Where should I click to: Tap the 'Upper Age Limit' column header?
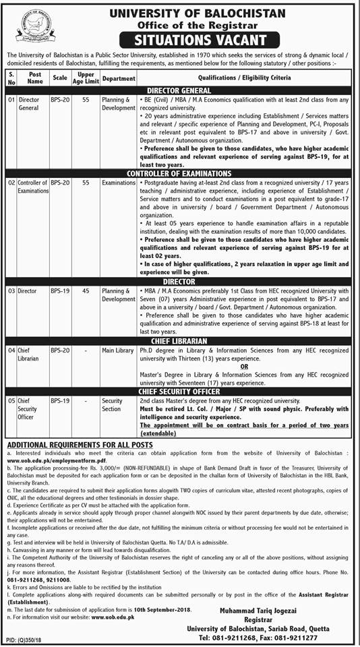(x=85, y=78)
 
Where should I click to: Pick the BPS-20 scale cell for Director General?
(x=60, y=100)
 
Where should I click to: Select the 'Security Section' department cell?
(x=112, y=404)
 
